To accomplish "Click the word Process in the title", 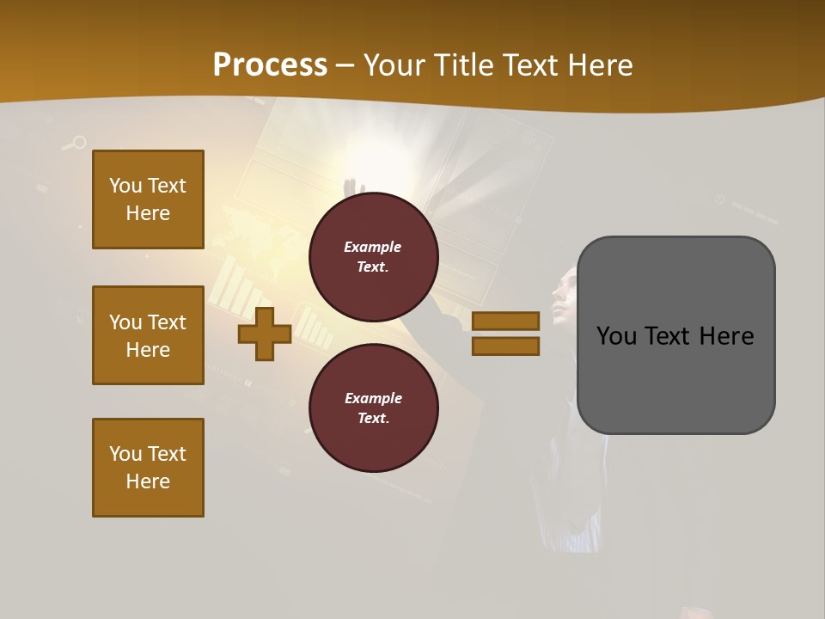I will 270,64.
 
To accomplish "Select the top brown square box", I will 148,199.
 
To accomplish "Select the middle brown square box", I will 148,335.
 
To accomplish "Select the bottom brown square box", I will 148,468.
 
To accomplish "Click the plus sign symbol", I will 265,334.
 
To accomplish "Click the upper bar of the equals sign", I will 505,321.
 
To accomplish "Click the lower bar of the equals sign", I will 505,346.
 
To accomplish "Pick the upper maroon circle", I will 373,256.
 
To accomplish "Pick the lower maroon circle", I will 373,408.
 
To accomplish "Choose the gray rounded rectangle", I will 675,335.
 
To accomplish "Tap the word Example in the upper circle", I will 373,247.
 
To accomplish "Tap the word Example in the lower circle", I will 373,398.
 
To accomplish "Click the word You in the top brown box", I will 125,186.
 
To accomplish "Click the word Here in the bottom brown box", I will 148,481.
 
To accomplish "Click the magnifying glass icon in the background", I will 78,143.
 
